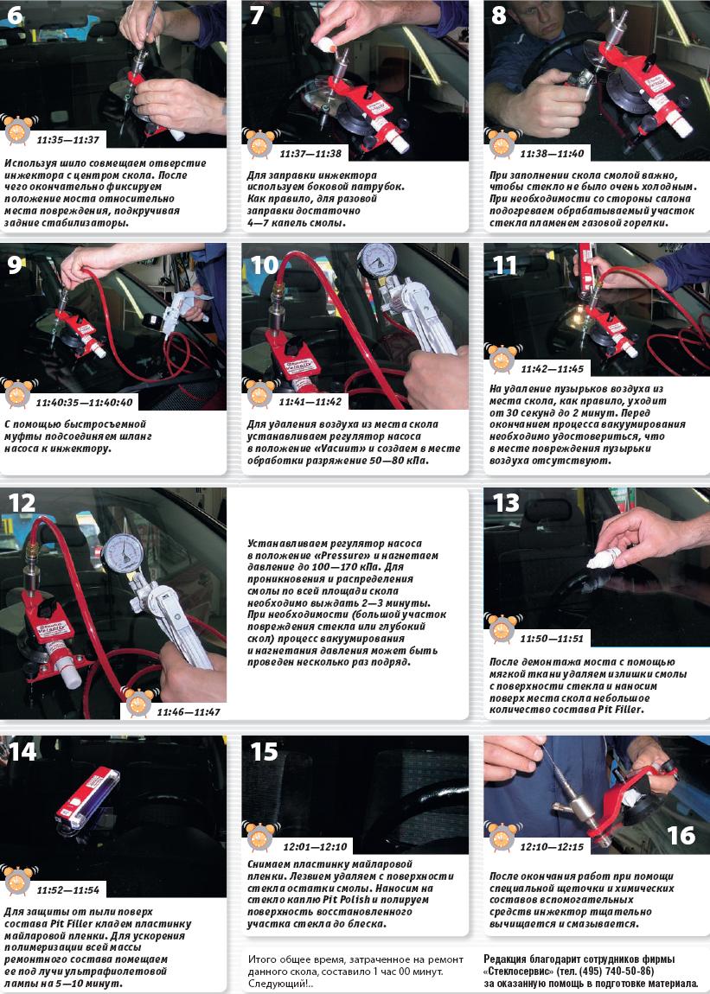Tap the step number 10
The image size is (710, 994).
click(265, 264)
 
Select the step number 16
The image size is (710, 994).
click(681, 835)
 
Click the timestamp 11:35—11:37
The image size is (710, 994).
click(68, 140)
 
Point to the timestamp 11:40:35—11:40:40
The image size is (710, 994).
click(85, 403)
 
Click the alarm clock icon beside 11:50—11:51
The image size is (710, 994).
click(502, 628)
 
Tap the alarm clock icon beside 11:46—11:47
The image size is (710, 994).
click(138, 702)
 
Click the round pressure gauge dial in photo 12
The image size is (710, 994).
click(123, 553)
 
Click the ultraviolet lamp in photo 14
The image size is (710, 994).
click(87, 797)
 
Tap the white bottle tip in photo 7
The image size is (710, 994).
click(325, 45)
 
